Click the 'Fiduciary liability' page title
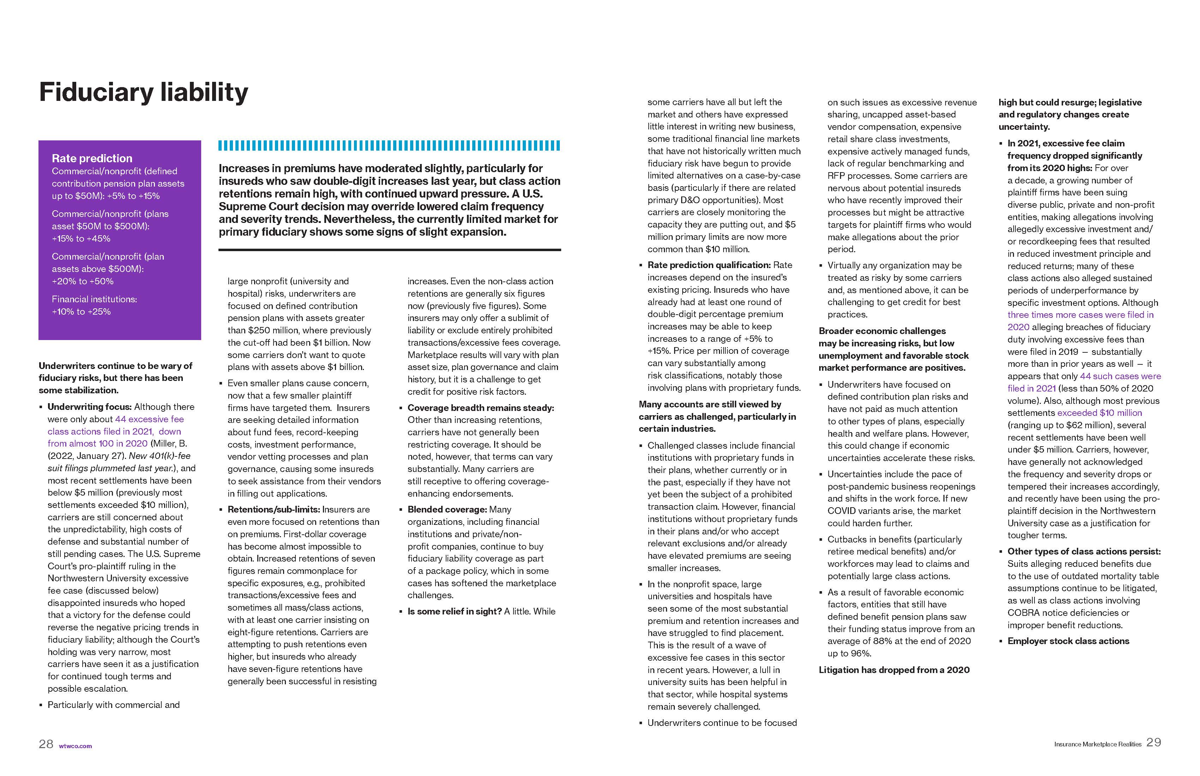point(143,93)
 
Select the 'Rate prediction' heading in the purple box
point(92,158)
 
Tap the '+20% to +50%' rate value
point(83,281)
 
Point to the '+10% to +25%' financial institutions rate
point(81,311)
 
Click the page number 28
point(46,744)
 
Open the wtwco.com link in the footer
point(76,746)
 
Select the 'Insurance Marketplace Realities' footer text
point(1098,744)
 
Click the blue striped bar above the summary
point(389,146)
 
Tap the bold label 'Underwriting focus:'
point(89,407)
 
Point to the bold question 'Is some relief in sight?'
point(454,611)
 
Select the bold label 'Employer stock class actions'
point(1068,641)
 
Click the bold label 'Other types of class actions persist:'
point(1084,551)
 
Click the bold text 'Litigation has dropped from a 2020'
point(894,670)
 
